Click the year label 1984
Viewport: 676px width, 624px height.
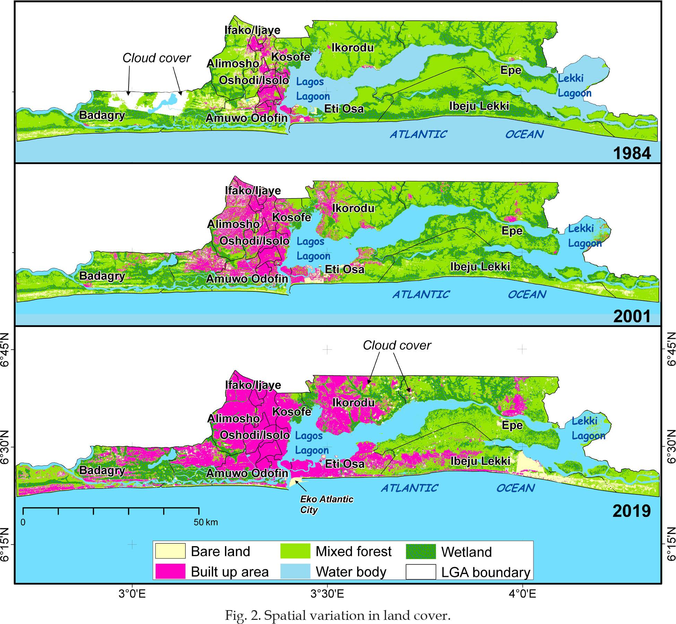click(x=632, y=153)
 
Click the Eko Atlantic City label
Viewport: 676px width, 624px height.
click(x=327, y=504)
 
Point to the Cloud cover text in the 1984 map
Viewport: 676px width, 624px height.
click(x=156, y=58)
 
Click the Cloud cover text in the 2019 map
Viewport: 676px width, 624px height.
click(x=397, y=345)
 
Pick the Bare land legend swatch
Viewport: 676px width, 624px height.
click(x=170, y=551)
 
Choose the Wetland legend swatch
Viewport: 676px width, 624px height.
click(x=421, y=551)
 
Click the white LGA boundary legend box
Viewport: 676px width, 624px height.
click(x=421, y=572)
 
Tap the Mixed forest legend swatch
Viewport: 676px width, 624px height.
click(x=295, y=551)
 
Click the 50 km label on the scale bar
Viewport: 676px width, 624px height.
click(x=206, y=522)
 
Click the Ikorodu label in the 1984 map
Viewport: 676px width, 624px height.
click(x=353, y=47)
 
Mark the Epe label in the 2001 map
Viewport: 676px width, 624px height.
click(x=512, y=231)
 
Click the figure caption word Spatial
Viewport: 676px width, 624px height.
click(x=288, y=615)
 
